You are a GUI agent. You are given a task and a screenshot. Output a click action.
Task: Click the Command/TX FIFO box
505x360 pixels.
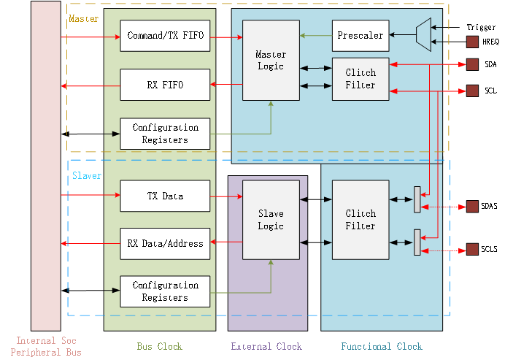pos(165,36)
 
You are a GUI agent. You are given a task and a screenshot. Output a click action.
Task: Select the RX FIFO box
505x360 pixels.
pos(165,85)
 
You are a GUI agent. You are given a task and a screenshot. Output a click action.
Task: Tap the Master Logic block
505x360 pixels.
pos(271,61)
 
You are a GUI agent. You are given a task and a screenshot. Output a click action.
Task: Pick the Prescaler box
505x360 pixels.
pos(361,35)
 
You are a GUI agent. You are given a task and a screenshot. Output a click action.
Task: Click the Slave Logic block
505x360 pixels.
pos(271,220)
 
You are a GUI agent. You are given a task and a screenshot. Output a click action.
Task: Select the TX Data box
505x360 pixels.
pos(165,196)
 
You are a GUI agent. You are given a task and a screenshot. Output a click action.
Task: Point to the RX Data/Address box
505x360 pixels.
pos(165,243)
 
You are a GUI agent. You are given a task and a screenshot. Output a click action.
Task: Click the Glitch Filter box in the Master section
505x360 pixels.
pos(361,79)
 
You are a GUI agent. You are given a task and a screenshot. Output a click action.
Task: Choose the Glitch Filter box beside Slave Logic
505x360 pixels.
pos(361,220)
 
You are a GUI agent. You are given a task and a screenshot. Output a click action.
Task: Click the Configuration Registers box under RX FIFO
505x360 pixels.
pos(165,134)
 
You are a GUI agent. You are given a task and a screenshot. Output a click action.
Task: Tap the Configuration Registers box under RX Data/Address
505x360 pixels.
pos(165,291)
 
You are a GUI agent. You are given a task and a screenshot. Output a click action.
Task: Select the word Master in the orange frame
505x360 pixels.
pos(79,18)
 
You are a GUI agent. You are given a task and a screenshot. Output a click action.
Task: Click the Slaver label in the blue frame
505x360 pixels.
pos(87,176)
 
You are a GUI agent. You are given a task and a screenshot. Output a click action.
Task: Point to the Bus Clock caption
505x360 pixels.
pos(159,346)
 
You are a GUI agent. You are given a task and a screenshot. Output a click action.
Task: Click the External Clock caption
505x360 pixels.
pos(266,346)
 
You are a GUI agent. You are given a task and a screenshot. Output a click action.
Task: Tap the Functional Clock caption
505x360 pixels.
pos(381,346)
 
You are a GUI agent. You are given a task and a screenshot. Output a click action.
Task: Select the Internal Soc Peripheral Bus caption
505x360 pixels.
pos(46,347)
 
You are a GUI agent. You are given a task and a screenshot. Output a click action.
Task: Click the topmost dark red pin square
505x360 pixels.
pos(472,42)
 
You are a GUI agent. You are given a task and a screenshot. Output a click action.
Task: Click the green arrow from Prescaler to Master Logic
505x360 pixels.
pos(315,35)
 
